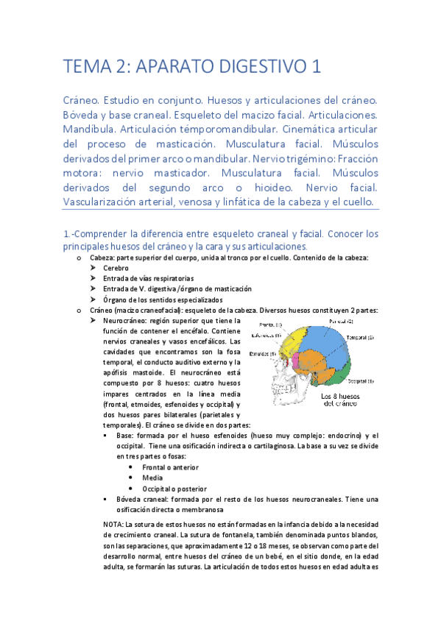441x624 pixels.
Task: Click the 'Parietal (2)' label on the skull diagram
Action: click(x=341, y=322)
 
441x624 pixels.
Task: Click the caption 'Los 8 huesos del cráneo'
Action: click(x=339, y=400)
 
